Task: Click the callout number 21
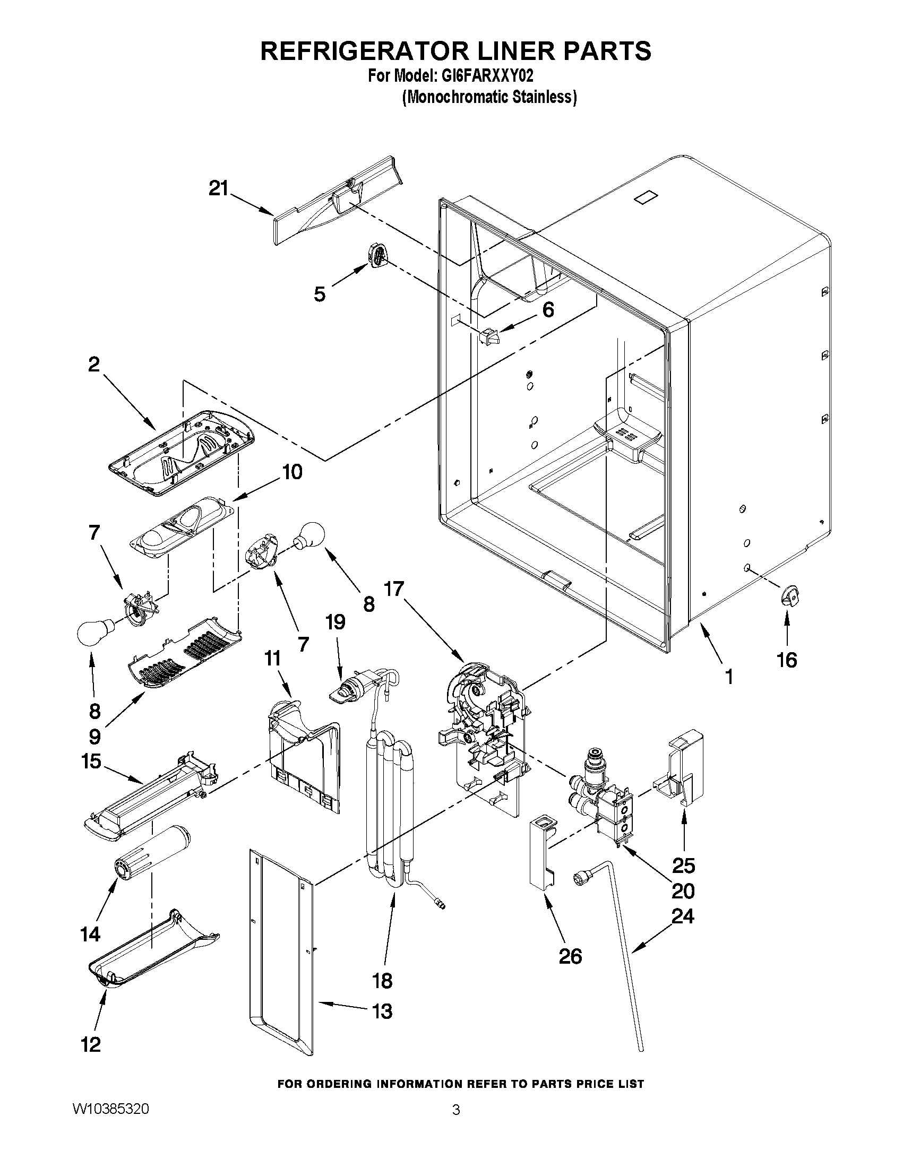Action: click(x=218, y=188)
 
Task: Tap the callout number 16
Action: click(x=786, y=660)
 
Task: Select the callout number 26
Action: click(x=570, y=955)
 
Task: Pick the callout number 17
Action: click(x=394, y=590)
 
